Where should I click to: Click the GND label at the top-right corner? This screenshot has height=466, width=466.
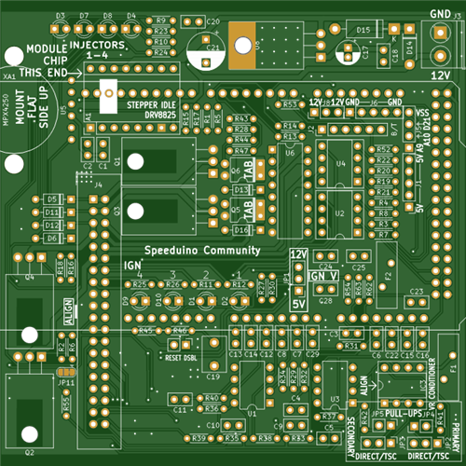441,15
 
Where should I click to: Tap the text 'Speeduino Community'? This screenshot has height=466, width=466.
201,251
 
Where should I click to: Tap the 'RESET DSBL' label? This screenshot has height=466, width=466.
181,357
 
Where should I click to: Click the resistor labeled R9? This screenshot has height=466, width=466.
161,21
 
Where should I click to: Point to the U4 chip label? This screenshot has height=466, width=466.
340,164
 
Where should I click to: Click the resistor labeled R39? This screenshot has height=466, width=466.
199,438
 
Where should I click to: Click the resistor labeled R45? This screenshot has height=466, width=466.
145,330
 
